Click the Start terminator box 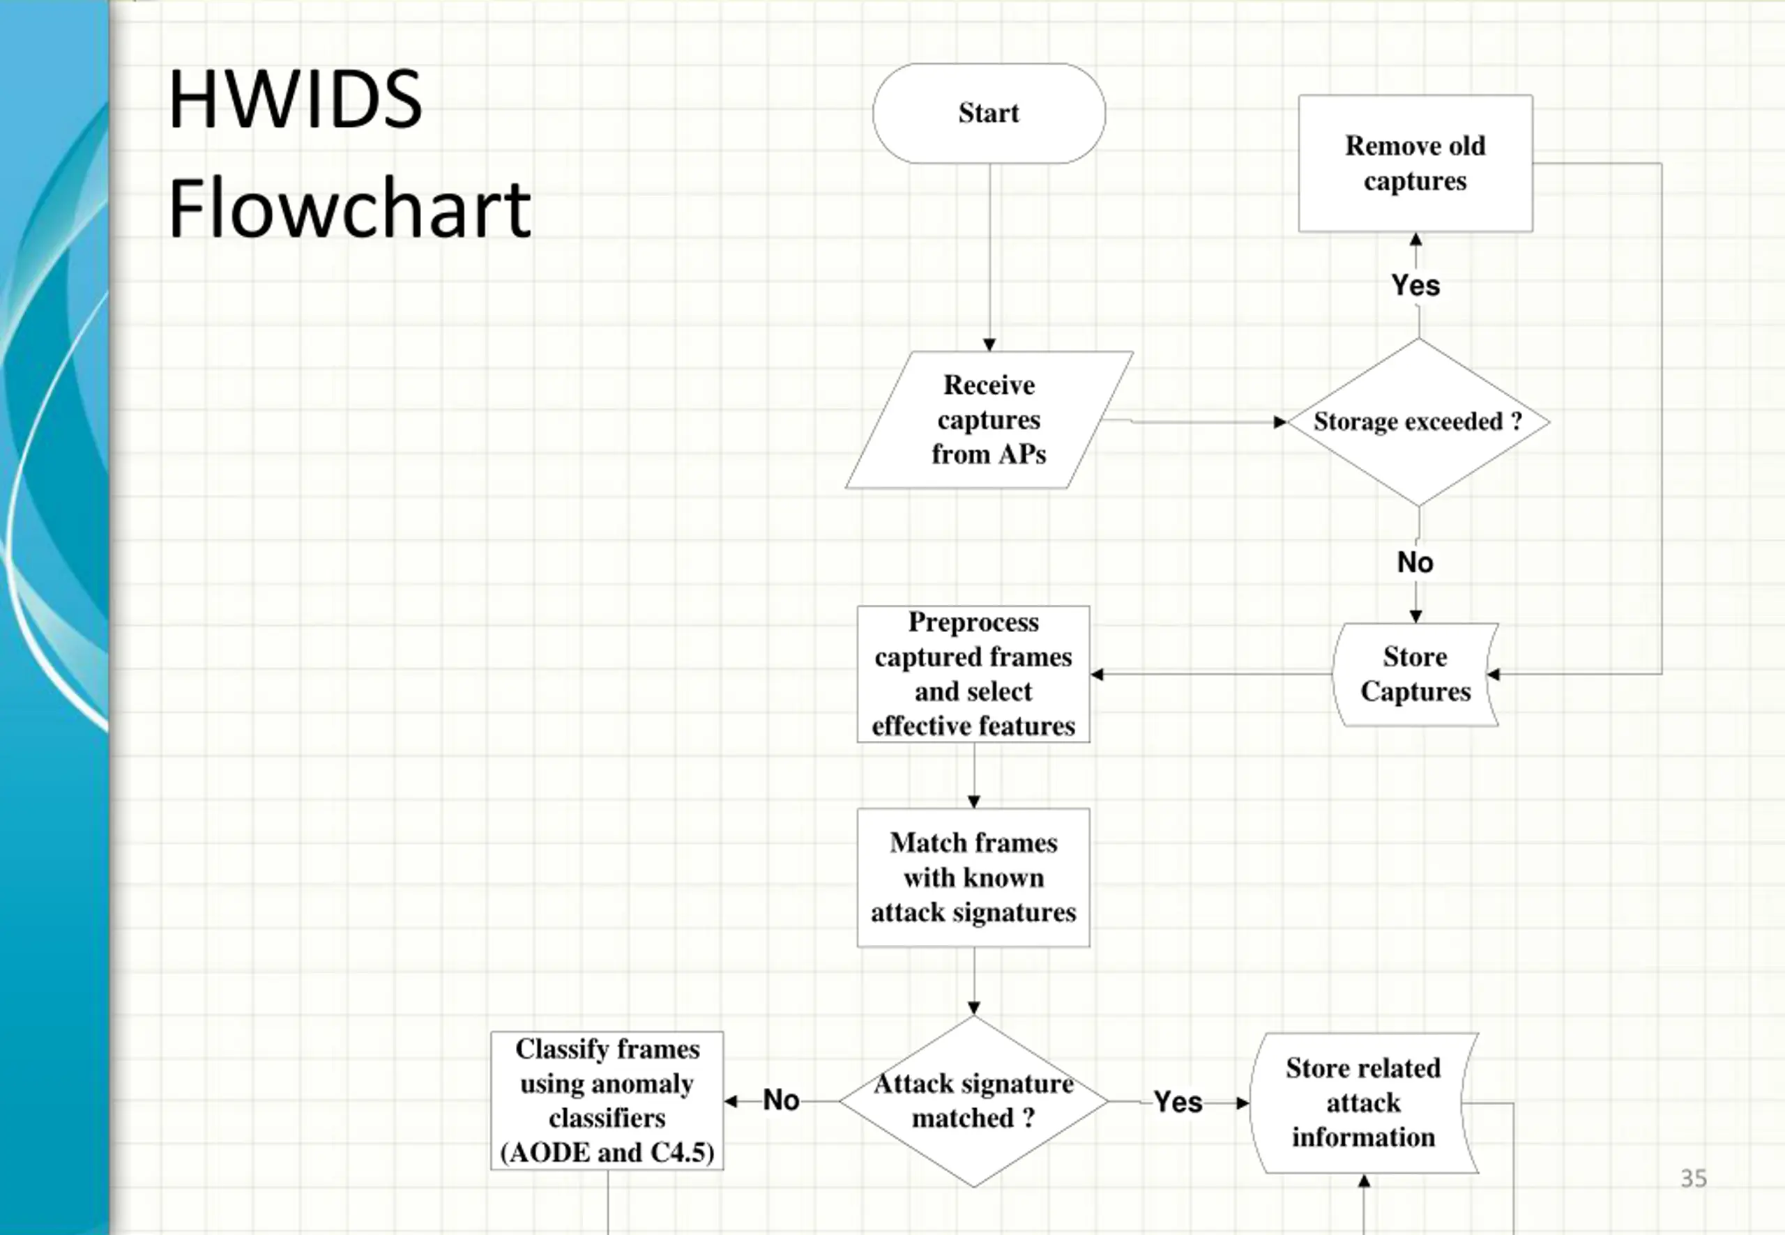pyautogui.click(x=989, y=113)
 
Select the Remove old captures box pyautogui.click(x=1415, y=163)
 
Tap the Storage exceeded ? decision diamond pyautogui.click(x=1418, y=422)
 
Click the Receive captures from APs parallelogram pyautogui.click(x=989, y=420)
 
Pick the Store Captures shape pyautogui.click(x=1415, y=674)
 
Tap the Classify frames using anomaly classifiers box pyautogui.click(x=607, y=1100)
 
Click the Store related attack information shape pyautogui.click(x=1363, y=1103)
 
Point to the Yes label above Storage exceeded pyautogui.click(x=1415, y=286)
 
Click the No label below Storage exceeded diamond pyautogui.click(x=1415, y=562)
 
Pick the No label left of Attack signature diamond pyautogui.click(x=780, y=1100)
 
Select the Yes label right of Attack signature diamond pyautogui.click(x=1178, y=1102)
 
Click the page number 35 pyautogui.click(x=1693, y=1178)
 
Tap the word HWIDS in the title pyautogui.click(x=295, y=99)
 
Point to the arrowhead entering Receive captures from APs pyautogui.click(x=989, y=344)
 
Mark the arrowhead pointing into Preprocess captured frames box pyautogui.click(x=1097, y=674)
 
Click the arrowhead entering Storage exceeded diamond pyautogui.click(x=1280, y=422)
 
